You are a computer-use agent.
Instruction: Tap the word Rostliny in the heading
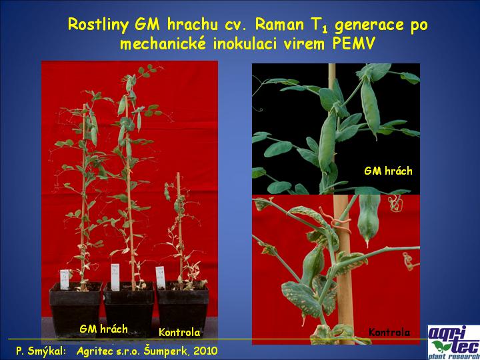[x=98, y=25]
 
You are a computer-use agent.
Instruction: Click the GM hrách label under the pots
[x=103, y=329]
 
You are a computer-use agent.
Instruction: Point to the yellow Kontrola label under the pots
[x=179, y=333]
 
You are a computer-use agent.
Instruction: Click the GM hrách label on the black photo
[x=388, y=171]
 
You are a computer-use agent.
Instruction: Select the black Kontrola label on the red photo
[x=389, y=332]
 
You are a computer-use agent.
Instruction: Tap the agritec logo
[x=453, y=342]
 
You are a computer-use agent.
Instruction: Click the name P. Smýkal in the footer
[x=41, y=351]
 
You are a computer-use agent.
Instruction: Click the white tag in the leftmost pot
[x=65, y=279]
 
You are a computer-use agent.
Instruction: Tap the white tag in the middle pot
[x=115, y=277]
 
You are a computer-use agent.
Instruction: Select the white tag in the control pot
[x=161, y=277]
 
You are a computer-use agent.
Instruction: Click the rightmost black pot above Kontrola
[x=183, y=307]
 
